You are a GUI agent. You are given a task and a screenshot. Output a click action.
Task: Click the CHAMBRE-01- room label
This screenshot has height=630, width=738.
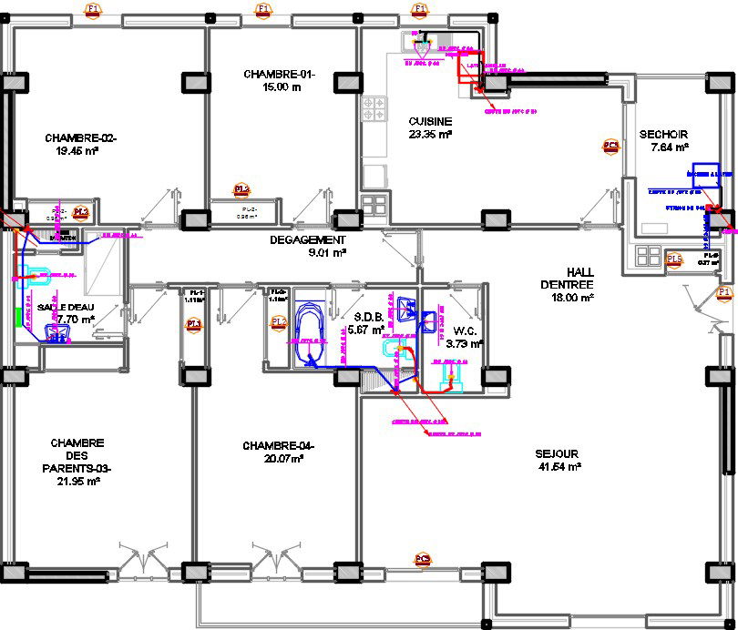279,75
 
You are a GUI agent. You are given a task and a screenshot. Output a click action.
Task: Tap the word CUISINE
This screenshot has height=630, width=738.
430,121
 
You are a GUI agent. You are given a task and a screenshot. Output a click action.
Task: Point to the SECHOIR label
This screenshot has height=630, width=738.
670,133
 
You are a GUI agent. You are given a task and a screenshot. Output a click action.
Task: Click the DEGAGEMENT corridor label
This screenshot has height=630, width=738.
308,240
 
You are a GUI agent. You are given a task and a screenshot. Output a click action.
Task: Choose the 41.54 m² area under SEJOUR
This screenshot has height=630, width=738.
558,467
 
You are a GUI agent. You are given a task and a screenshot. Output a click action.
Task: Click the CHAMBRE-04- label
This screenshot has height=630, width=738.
278,446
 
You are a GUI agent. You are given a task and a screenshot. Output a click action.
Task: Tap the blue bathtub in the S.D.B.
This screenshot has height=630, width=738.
307,337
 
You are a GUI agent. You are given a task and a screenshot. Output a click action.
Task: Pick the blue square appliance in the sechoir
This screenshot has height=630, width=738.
703,175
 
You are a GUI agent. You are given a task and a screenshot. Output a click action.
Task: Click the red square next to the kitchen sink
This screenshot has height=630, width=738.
470,73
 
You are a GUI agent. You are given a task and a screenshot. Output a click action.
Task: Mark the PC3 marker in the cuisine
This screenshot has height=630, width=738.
610,146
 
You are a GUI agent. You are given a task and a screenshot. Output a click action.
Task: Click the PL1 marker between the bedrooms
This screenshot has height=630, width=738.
193,324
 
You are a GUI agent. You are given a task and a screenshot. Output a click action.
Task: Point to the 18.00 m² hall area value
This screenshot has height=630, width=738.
574,297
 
